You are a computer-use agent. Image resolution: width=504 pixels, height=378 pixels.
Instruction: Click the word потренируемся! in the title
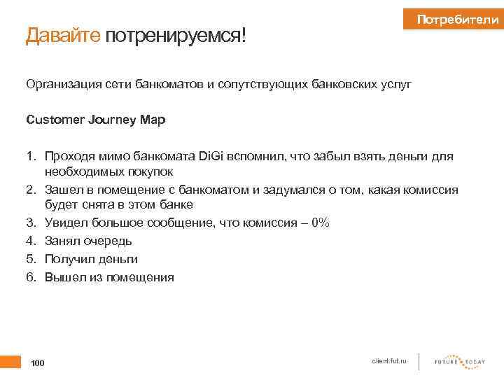point(176,35)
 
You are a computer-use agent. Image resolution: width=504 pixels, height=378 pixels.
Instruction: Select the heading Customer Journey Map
point(95,120)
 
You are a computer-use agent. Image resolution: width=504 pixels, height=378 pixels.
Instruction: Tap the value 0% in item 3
point(321,223)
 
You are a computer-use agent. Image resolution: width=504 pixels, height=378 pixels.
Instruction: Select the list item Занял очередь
point(88,241)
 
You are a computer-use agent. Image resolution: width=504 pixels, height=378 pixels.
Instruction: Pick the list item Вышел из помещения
point(109,277)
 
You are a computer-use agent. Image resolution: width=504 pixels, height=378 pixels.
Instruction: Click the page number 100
point(38,363)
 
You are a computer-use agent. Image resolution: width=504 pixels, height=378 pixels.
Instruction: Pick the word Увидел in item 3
point(64,223)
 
